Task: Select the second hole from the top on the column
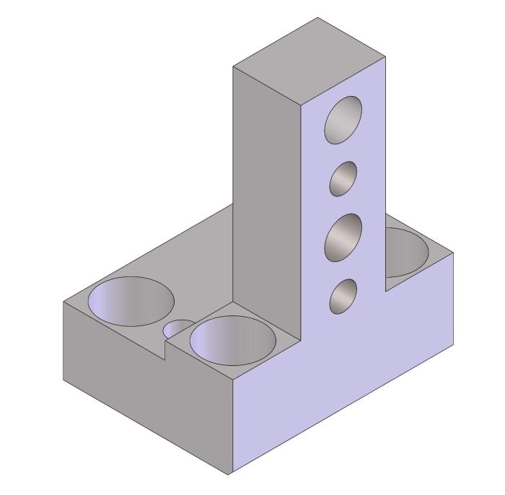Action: coord(344,178)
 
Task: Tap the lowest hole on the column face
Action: coord(343,296)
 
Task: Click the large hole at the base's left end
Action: coord(131,301)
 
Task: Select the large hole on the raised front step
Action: coord(234,340)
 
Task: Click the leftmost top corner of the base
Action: coord(63,301)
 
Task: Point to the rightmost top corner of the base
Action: coord(453,254)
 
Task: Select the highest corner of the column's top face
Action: coord(317,18)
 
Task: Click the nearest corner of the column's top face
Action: coord(302,105)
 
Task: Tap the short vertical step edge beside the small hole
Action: coord(167,351)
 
